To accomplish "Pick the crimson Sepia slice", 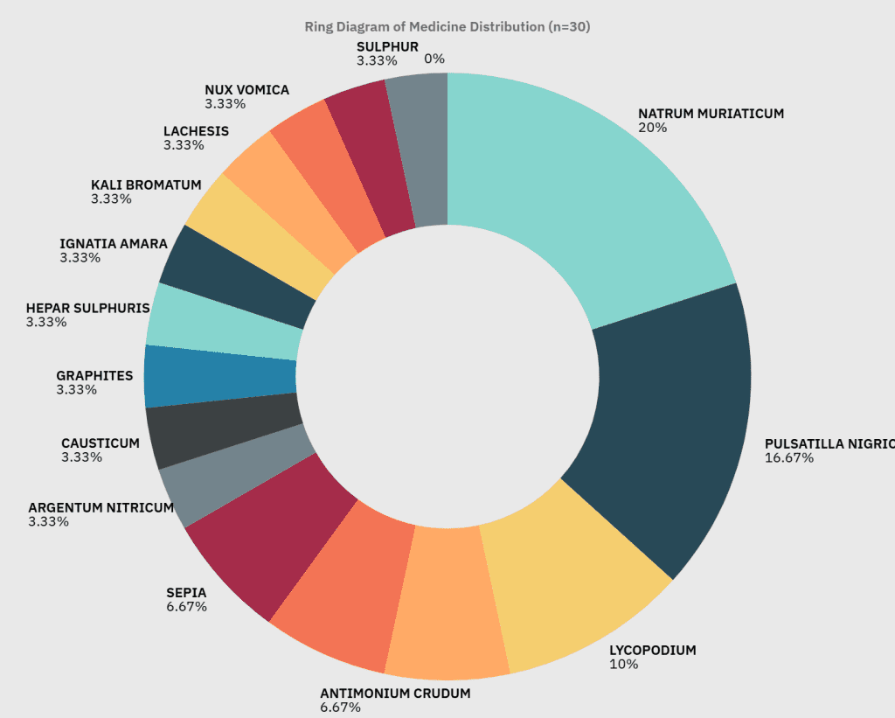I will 262,542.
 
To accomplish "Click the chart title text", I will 447,26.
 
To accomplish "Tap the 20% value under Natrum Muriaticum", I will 652,128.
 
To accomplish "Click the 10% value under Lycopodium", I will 623,665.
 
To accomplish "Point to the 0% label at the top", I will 434,59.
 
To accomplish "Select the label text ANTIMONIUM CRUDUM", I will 395,694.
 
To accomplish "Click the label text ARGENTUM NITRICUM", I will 101,508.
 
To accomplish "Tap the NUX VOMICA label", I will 246,90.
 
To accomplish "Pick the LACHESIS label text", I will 196,131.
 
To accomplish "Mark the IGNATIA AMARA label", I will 114,244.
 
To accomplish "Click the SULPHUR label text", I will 387,46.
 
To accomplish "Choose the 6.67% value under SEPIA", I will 186,607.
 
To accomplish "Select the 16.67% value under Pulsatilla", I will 789,457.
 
